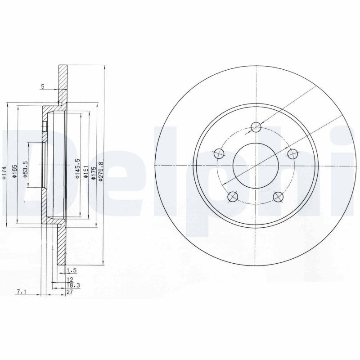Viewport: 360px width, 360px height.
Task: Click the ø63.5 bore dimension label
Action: click(x=26, y=169)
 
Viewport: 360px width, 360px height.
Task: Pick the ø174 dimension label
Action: click(x=4, y=173)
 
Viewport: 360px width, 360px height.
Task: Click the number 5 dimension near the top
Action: click(x=42, y=86)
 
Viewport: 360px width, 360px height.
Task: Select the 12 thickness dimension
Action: click(x=70, y=279)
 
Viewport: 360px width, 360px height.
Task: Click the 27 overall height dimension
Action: click(x=70, y=292)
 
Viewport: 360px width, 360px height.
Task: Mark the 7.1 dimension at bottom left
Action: click(x=21, y=292)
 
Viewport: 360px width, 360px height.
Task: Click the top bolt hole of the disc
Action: click(x=256, y=127)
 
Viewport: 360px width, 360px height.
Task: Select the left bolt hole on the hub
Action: click(x=219, y=154)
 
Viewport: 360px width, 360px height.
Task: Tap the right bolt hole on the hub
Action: click(x=292, y=154)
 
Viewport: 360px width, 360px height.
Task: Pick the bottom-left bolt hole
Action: click(x=233, y=196)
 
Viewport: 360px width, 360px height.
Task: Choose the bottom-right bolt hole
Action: click(x=279, y=196)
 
